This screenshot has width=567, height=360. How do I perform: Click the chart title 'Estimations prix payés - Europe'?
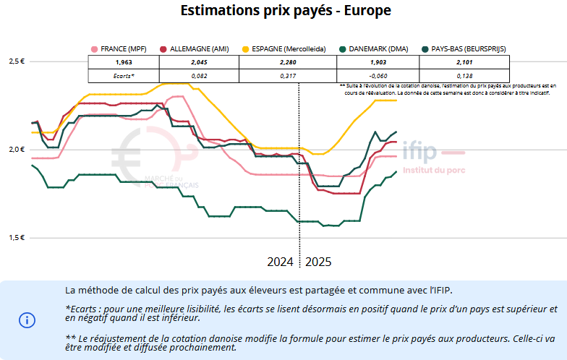tap(286, 11)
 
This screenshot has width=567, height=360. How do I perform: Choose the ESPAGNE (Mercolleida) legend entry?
tap(287, 49)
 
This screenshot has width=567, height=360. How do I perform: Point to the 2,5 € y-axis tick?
tap(17, 61)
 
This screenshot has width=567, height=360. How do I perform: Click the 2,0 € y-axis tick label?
tap(17, 150)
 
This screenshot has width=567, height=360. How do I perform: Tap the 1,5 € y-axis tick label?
tap(17, 238)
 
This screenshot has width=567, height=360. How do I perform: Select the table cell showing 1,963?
tap(124, 62)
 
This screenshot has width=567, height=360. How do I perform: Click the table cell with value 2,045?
tap(189, 62)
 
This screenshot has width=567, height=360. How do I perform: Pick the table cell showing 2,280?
tap(287, 62)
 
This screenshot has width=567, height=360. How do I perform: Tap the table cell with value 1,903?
tap(378, 62)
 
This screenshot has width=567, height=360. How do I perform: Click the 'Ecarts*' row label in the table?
tap(124, 75)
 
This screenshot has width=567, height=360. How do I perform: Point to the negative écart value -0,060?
tap(378, 75)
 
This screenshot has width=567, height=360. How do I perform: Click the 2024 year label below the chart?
tap(281, 262)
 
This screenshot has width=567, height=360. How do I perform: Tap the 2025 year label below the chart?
tap(318, 262)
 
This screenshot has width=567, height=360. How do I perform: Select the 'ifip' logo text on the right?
tap(419, 153)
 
